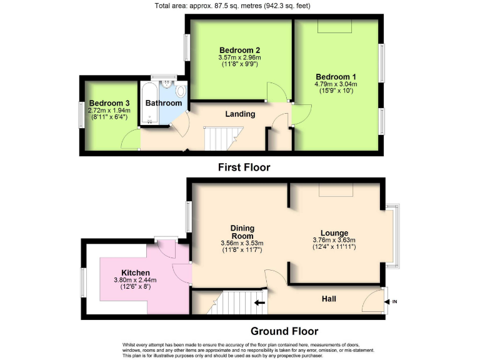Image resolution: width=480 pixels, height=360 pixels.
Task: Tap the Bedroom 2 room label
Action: click(240, 50)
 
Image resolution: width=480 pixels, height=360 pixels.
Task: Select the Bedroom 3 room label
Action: click(109, 103)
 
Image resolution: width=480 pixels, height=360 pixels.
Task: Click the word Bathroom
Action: click(164, 103)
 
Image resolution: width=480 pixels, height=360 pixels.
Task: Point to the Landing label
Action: click(240, 114)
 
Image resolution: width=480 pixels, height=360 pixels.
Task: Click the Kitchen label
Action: click(136, 272)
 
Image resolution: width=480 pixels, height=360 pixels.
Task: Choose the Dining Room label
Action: click(242, 232)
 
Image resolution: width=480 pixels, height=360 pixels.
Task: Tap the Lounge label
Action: click(334, 232)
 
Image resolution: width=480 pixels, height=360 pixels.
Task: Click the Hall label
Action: click(328, 299)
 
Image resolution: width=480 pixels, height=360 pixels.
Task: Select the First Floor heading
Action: click(244, 167)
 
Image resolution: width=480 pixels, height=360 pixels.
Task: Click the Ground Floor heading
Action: click(284, 331)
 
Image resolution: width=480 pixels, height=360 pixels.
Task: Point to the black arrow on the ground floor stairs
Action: click(259, 304)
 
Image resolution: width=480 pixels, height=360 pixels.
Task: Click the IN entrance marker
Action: click(394, 302)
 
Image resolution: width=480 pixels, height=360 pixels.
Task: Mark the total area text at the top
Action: click(240, 6)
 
